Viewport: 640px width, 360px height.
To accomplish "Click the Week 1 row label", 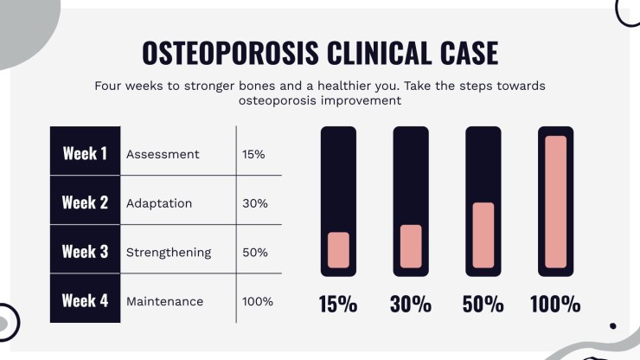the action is [85, 154].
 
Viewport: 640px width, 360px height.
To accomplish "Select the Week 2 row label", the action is [85, 202].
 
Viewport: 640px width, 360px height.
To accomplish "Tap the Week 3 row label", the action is [85, 252].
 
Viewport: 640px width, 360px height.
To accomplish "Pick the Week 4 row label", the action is [85, 301].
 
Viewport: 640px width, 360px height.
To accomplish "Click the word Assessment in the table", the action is [163, 154].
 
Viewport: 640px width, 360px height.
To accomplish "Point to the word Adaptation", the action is [159, 203].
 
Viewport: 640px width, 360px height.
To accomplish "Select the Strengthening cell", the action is [169, 253].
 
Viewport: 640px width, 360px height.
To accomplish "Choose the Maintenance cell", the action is [164, 301].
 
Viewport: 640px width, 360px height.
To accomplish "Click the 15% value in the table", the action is [253, 154].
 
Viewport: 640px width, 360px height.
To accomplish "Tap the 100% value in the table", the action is [258, 301].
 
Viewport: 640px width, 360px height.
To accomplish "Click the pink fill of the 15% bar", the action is [338, 250].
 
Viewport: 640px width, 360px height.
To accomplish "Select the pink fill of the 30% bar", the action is [411, 247].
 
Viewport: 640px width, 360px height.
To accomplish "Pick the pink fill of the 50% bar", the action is [483, 235].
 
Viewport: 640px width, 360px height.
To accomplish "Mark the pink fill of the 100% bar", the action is [555, 202].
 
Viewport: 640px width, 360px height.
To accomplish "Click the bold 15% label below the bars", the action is [338, 305].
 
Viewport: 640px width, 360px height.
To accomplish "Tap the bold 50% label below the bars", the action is [483, 305].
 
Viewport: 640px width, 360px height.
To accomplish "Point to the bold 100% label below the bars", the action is [555, 305].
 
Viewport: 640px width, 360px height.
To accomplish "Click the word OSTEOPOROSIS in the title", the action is [230, 53].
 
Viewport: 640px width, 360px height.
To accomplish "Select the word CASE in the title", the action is [470, 53].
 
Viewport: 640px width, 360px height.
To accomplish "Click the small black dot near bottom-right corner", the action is [612, 325].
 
